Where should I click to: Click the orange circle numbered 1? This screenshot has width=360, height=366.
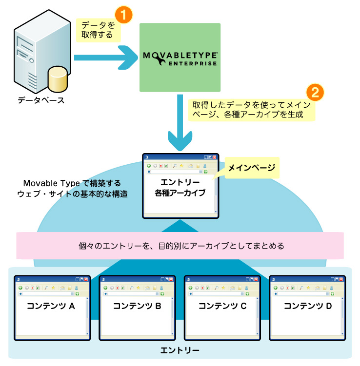[124, 15]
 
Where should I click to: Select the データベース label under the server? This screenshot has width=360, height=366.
[41, 100]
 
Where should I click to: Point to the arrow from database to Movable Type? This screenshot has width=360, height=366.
[105, 57]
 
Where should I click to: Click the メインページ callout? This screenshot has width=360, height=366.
[252, 168]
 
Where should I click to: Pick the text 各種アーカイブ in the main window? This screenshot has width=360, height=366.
[180, 193]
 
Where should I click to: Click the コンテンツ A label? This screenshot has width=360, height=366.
[50, 306]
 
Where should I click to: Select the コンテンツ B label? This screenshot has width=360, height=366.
[137, 306]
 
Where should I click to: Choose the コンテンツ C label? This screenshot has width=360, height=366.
[222, 306]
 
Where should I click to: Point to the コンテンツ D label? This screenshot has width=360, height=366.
[307, 306]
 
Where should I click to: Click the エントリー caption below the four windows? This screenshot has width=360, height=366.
[180, 350]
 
